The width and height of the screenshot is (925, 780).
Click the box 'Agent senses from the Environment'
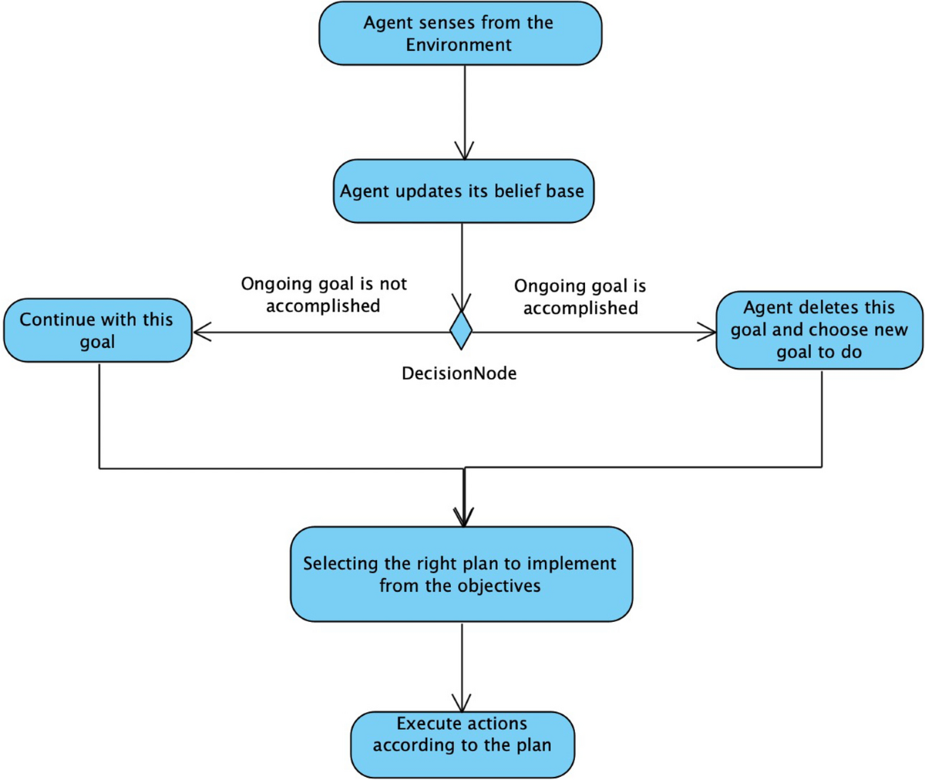click(460, 34)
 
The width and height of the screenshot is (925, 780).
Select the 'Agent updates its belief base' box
click(463, 191)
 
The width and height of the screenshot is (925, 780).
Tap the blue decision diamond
click(461, 330)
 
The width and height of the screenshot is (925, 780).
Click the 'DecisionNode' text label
click(459, 373)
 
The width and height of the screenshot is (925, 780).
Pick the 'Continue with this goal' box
click(97, 330)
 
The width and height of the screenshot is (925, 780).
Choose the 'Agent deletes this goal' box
click(819, 330)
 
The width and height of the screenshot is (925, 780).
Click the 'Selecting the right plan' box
click(461, 574)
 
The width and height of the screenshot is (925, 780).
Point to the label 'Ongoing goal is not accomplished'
click(324, 295)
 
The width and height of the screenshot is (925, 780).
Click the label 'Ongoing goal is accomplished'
click(580, 297)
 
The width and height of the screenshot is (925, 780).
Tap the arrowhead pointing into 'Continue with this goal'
click(202, 333)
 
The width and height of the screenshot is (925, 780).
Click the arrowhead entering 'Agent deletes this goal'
click(707, 333)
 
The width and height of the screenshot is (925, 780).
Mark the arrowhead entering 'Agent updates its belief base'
click(464, 150)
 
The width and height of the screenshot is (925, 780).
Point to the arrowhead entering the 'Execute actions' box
click(462, 703)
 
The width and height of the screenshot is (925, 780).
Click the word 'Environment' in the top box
click(459, 45)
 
